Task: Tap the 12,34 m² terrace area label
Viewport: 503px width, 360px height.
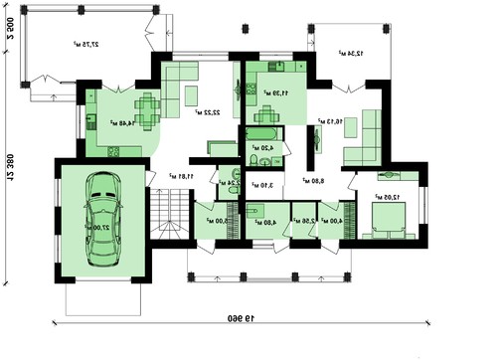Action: pos(350,52)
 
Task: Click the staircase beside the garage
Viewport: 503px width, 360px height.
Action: pos(169,212)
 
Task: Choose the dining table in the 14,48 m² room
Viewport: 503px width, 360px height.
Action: pos(147,107)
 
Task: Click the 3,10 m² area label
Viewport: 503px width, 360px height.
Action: pos(261,185)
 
